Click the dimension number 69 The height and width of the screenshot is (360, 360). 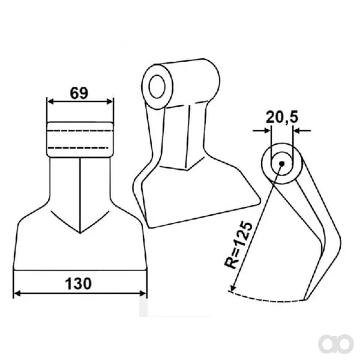(79, 93)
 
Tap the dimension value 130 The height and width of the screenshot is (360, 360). (78, 284)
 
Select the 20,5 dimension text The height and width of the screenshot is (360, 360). (282, 117)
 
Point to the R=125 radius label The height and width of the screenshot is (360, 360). (238, 245)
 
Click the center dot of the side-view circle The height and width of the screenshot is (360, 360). (282, 163)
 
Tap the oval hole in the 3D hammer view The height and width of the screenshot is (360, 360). (157, 86)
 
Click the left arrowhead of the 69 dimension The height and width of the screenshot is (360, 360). (50, 101)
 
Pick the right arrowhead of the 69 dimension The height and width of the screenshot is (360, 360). (110, 101)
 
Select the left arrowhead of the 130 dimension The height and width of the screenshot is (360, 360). (17, 293)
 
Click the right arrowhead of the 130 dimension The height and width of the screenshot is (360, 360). (143, 293)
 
